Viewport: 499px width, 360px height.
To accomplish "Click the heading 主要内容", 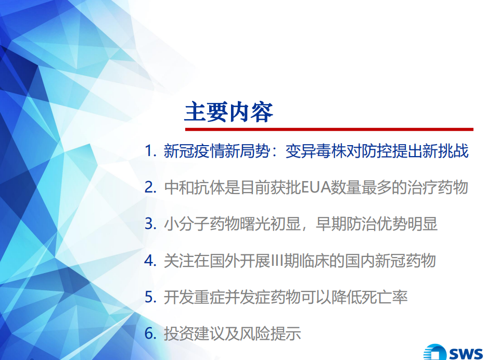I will pyautogui.click(x=229, y=111).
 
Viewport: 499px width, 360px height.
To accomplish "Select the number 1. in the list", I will pyautogui.click(x=150, y=151).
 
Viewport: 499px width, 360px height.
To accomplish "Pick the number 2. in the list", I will pyautogui.click(x=150, y=187).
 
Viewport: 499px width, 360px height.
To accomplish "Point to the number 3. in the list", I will pyautogui.click(x=150, y=224).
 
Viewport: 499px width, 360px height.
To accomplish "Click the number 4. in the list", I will pyautogui.click(x=150, y=260).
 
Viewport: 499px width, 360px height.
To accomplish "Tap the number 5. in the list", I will pyautogui.click(x=150, y=297).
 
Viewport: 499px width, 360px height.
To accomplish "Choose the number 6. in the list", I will pyautogui.click(x=150, y=333).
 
